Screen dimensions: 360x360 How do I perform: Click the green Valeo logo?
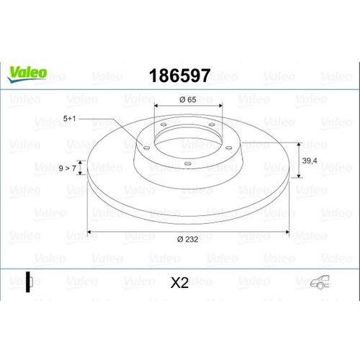[x=27, y=74]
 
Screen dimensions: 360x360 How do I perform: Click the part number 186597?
[x=180, y=76]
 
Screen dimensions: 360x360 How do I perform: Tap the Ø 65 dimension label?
[x=188, y=99]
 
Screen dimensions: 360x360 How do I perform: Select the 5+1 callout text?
[x=69, y=119]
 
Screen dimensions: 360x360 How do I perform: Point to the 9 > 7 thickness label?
[x=68, y=168]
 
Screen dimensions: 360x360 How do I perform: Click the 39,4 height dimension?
[x=310, y=161]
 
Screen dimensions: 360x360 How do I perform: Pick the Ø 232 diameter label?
[x=188, y=239]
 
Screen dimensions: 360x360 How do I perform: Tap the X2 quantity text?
[x=179, y=283]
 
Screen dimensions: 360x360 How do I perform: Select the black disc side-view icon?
[x=29, y=282]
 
